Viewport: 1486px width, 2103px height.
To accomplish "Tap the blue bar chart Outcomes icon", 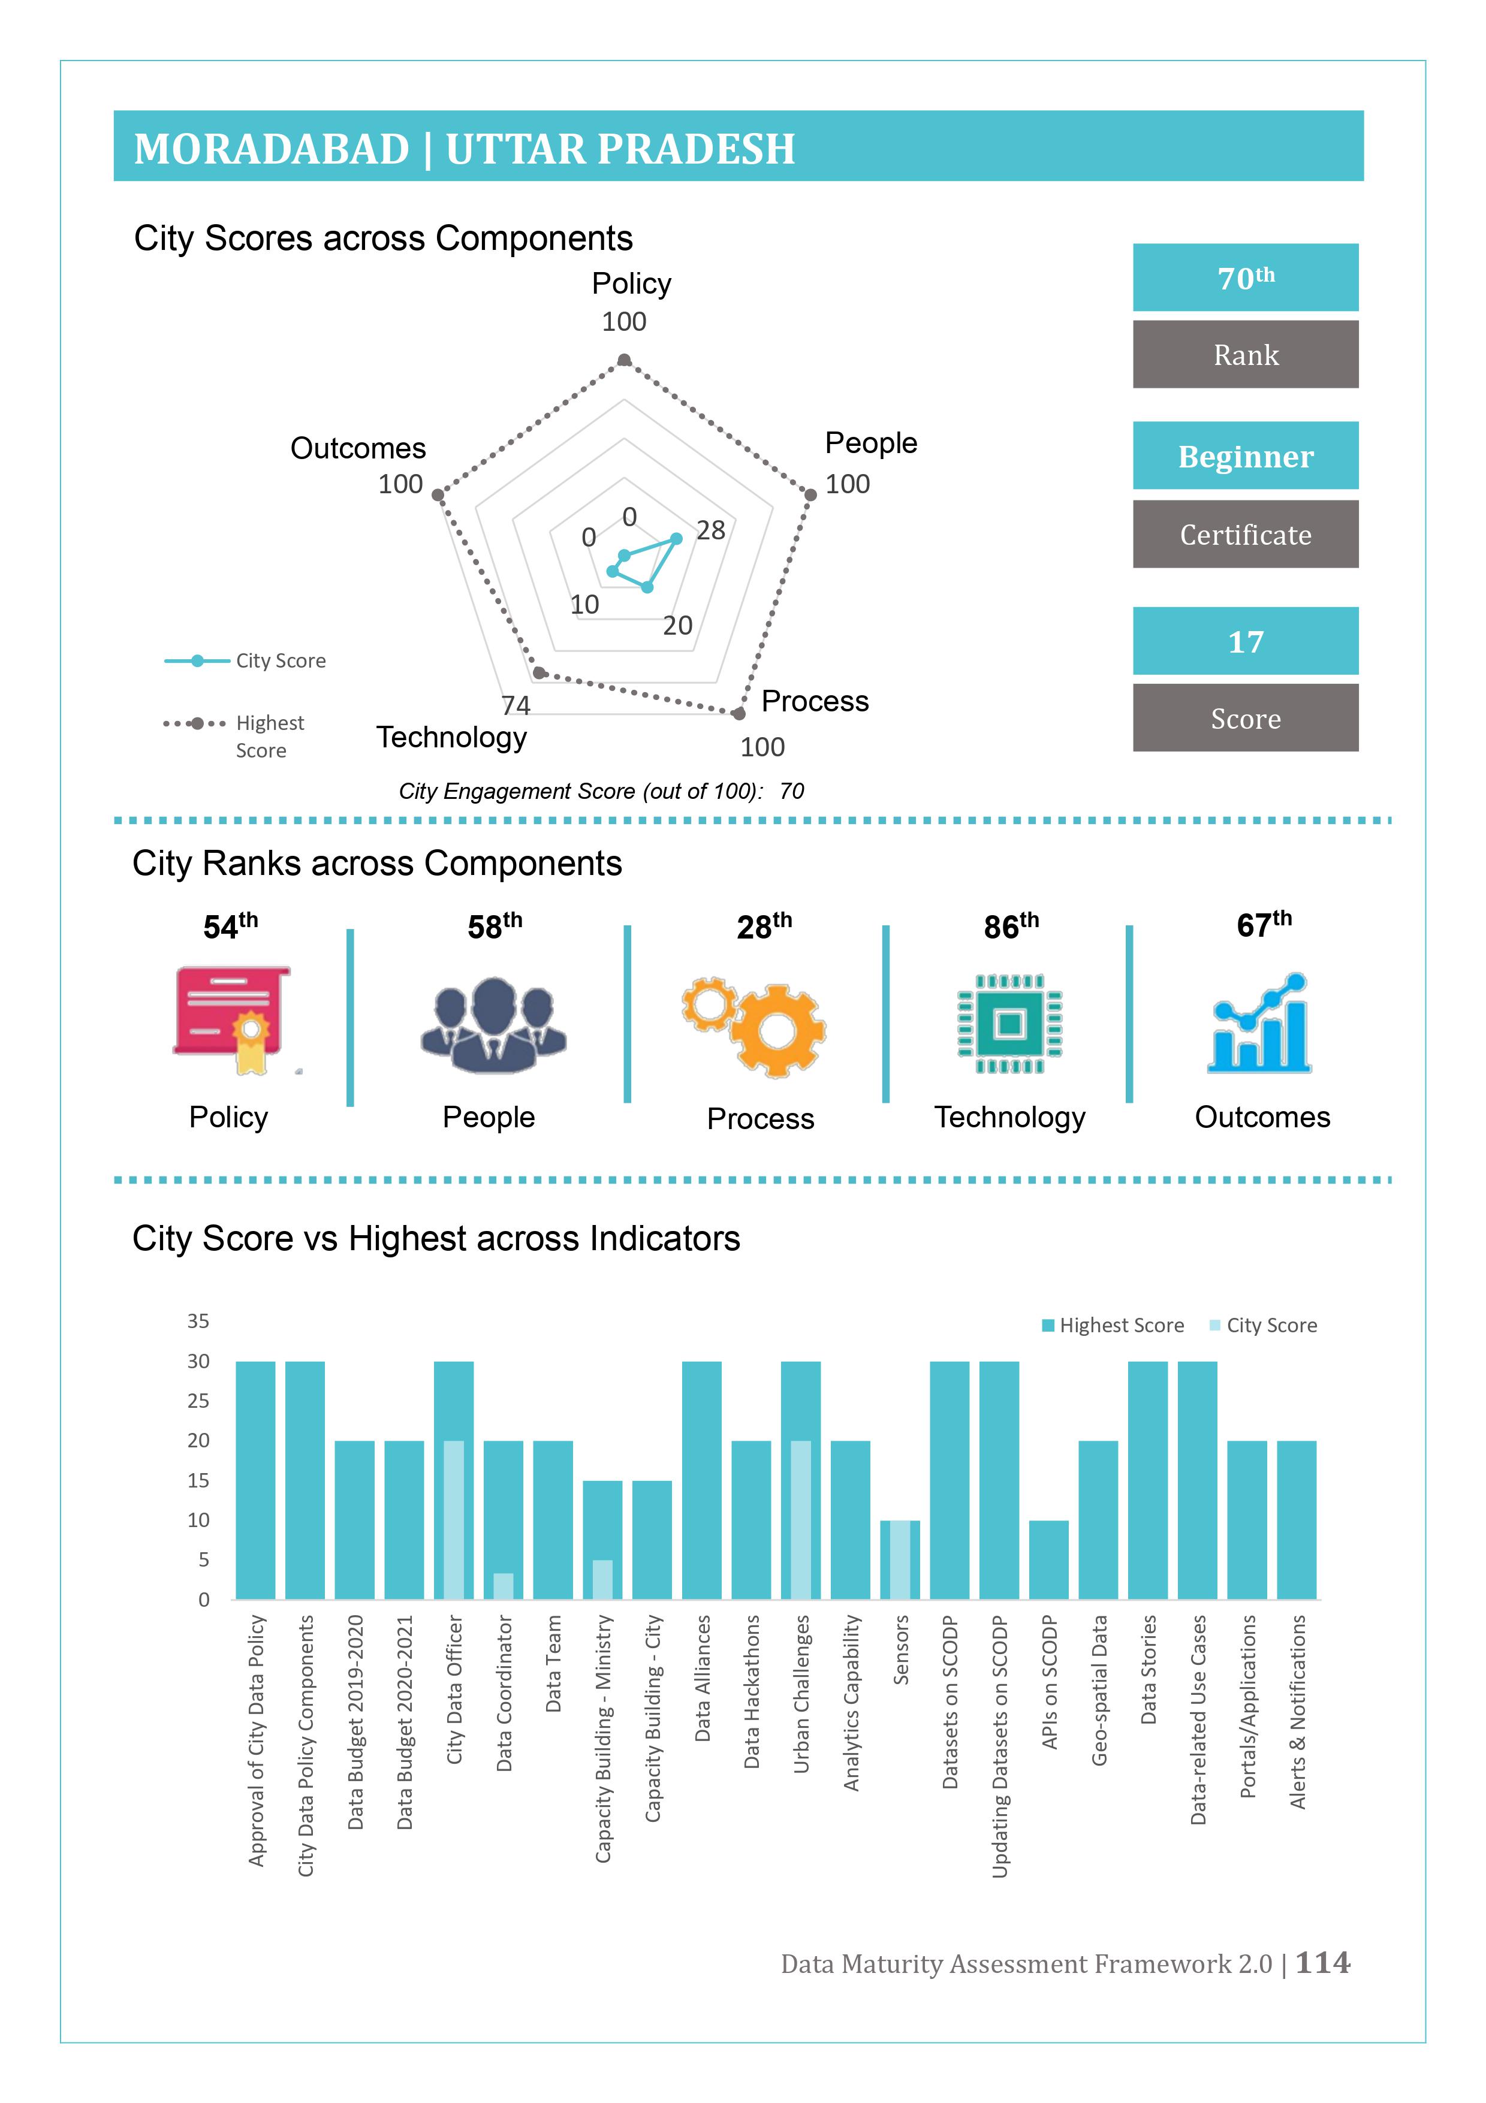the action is pyautogui.click(x=1259, y=1023).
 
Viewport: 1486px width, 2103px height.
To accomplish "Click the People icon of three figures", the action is pyautogui.click(x=494, y=1025).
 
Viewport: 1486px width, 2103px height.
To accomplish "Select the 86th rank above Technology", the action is pyautogui.click(x=1011, y=926).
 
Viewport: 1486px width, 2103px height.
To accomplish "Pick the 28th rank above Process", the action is pyautogui.click(x=764, y=926).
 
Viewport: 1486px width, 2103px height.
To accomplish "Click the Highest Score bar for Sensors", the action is pyautogui.click(x=900, y=1560).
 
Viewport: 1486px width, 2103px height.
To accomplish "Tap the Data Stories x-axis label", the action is pyautogui.click(x=1148, y=1670).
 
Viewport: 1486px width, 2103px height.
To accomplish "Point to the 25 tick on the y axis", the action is pyautogui.click(x=198, y=1401).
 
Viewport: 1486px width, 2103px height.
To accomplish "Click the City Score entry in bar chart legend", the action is pyautogui.click(x=1264, y=1325).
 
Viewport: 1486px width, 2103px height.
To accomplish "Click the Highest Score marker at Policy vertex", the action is pyautogui.click(x=624, y=360).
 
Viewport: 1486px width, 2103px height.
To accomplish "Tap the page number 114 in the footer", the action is pyautogui.click(x=1323, y=1962).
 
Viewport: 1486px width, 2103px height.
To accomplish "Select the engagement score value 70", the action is pyautogui.click(x=792, y=790).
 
